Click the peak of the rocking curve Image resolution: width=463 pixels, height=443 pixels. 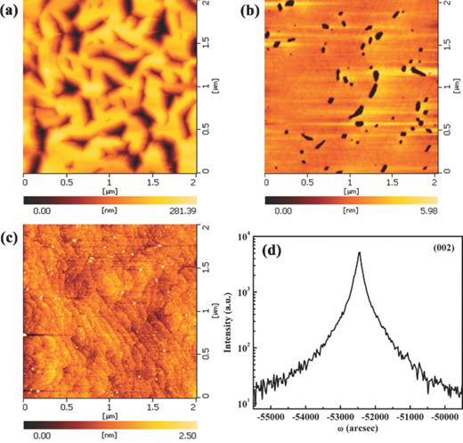(x=360, y=252)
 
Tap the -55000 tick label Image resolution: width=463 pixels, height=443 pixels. (x=268, y=415)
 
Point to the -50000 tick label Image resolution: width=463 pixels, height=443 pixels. (x=444, y=415)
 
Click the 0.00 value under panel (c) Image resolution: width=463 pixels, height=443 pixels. (x=39, y=437)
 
